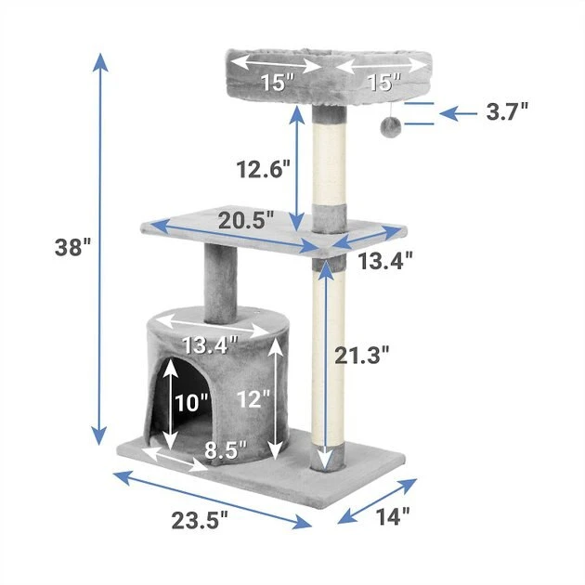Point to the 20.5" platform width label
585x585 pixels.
coord(247,220)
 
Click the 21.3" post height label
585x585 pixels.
coord(363,354)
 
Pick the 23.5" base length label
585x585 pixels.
coord(198,520)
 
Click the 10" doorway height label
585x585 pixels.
coord(190,402)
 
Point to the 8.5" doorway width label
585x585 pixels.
coord(226,450)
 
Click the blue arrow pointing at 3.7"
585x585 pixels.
coord(458,113)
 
